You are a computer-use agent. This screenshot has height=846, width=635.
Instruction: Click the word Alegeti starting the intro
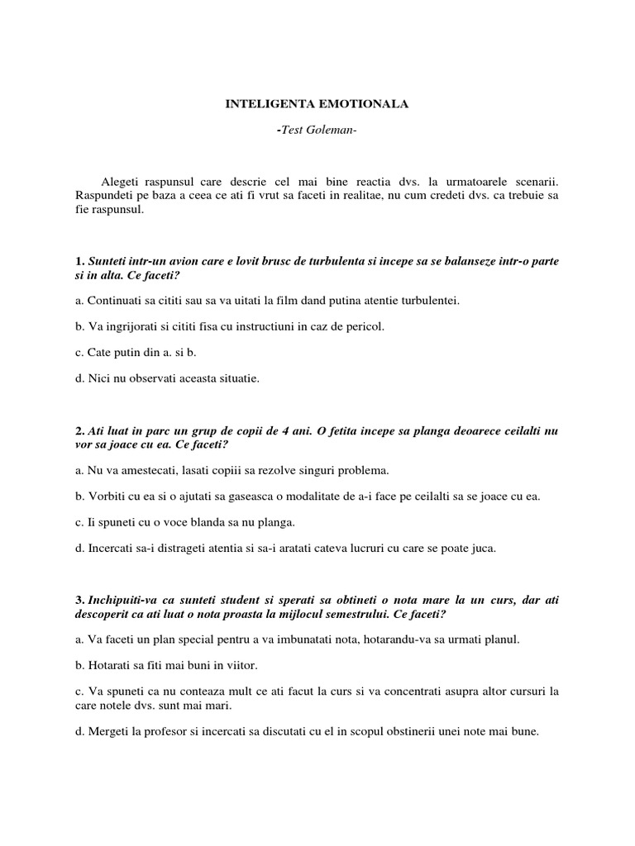121,180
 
